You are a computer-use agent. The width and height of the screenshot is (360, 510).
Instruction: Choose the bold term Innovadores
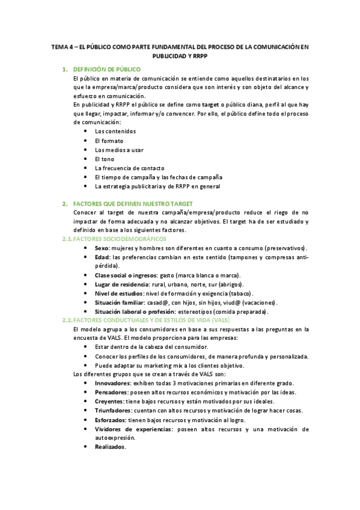(112, 383)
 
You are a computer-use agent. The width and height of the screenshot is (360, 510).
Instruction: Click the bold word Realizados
(110, 447)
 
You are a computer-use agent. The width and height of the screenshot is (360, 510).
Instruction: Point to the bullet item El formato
(109, 140)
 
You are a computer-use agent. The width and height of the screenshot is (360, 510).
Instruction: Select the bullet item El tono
(105, 159)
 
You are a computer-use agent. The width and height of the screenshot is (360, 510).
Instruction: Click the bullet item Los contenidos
(115, 131)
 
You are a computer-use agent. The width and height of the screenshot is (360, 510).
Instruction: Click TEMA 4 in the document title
(62, 46)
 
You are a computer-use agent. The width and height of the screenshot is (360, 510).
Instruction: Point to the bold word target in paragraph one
(210, 103)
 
